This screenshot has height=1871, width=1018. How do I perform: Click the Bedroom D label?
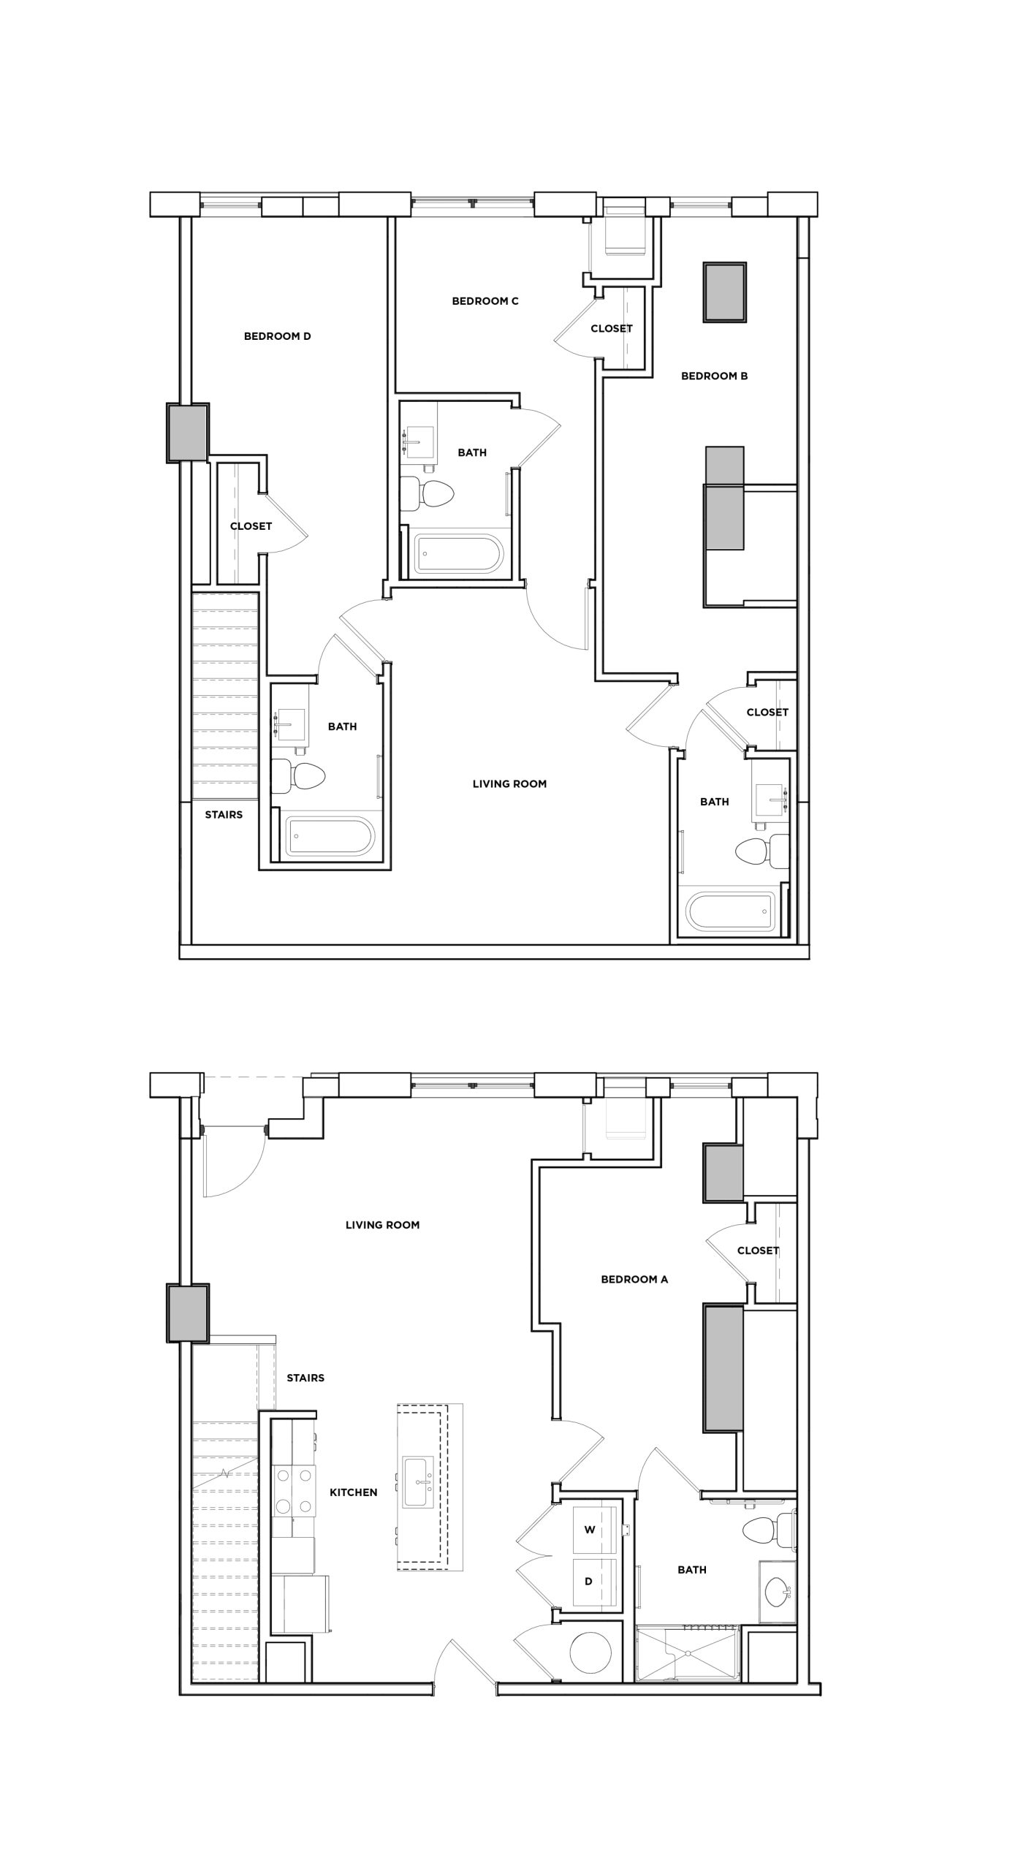pyautogui.click(x=277, y=336)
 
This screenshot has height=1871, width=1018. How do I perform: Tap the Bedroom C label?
pyautogui.click(x=485, y=301)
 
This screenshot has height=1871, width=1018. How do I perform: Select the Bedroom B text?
pyautogui.click(x=714, y=376)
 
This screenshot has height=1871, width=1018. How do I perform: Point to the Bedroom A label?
pyautogui.click(x=634, y=1279)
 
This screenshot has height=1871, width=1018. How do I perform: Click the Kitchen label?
pyautogui.click(x=353, y=1492)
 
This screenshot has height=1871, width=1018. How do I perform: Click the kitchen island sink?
pyautogui.click(x=418, y=1481)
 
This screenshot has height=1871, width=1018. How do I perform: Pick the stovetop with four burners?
pyautogui.click(x=294, y=1491)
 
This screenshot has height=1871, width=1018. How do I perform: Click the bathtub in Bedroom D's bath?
pyautogui.click(x=330, y=836)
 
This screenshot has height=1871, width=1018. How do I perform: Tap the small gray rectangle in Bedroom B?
pyautogui.click(x=724, y=292)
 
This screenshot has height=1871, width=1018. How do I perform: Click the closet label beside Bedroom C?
pyautogui.click(x=611, y=329)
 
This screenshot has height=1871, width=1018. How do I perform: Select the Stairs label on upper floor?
pyautogui.click(x=223, y=814)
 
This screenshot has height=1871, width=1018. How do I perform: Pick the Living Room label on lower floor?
pyautogui.click(x=382, y=1225)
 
